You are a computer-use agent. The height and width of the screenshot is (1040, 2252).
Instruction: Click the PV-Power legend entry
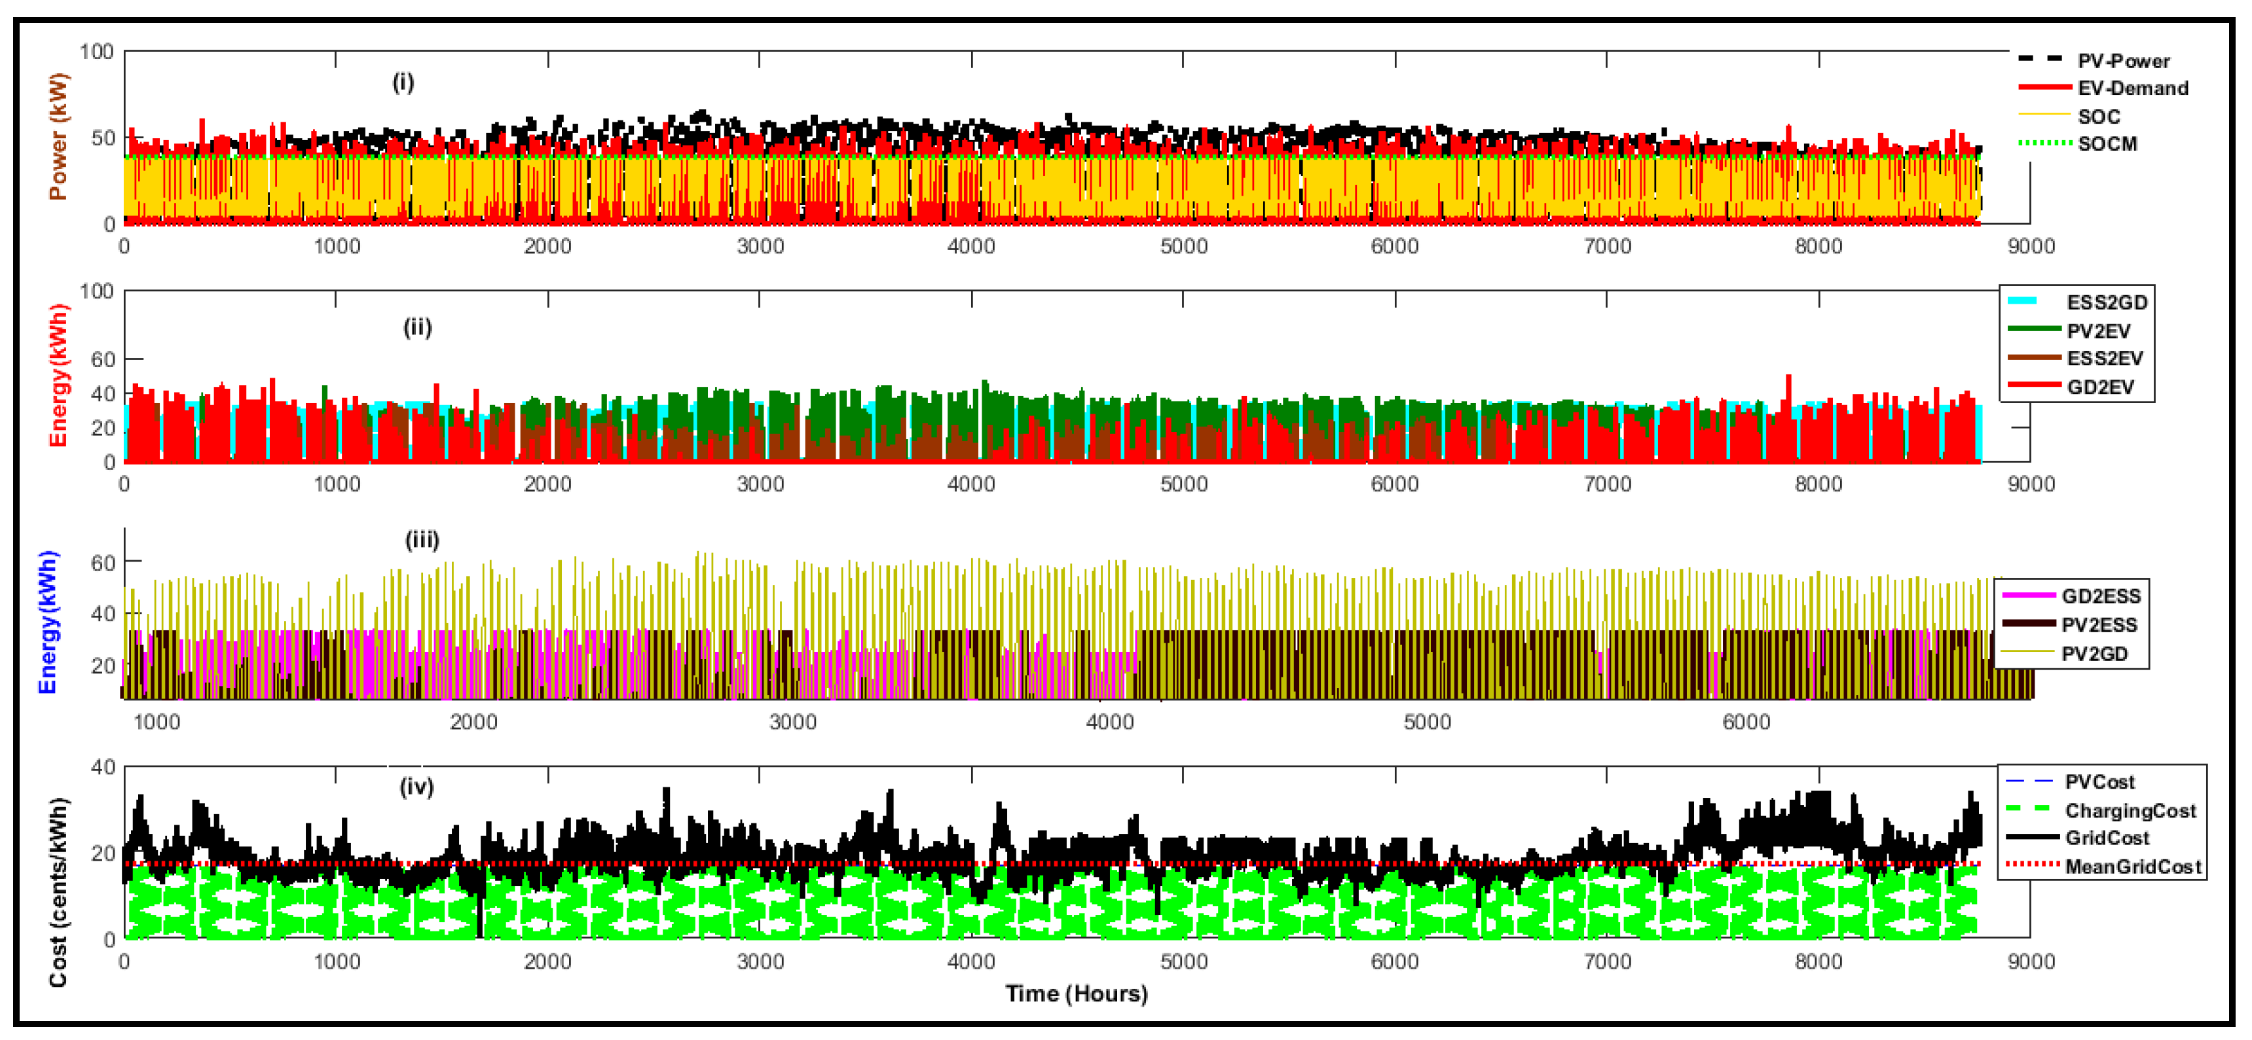(2122, 60)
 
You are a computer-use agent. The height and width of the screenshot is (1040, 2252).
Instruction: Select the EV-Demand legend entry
(2132, 88)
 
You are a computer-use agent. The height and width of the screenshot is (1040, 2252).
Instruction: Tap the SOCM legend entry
(2107, 144)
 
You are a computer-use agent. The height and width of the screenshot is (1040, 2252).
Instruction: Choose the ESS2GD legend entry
(2106, 302)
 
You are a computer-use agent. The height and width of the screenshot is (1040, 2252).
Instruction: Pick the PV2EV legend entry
(2098, 331)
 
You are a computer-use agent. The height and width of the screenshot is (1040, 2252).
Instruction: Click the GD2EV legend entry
(2100, 387)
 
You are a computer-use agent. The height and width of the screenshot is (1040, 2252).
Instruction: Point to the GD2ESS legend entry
(2101, 596)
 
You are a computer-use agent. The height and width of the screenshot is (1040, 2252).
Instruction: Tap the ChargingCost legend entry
(2130, 811)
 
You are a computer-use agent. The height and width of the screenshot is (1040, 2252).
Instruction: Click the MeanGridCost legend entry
(2132, 867)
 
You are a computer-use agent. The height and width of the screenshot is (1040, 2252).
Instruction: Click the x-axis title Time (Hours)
(1076, 994)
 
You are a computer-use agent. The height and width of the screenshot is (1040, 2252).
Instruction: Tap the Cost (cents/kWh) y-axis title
(58, 892)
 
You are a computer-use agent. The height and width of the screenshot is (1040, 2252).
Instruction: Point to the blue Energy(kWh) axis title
(48, 621)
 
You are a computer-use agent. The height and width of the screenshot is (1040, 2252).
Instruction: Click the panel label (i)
(402, 83)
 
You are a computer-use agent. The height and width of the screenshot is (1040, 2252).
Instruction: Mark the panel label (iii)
(421, 539)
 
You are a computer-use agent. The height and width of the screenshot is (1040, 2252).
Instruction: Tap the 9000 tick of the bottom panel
(2030, 961)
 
